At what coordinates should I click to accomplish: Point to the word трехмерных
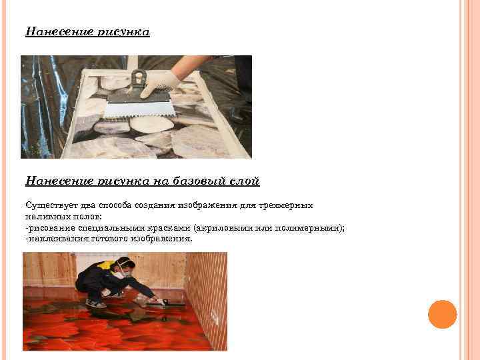pos(285,205)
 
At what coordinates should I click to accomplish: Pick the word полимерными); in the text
pos(309,228)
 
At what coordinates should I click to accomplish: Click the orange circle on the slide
pos(443,315)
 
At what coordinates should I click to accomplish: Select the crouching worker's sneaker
pos(95,303)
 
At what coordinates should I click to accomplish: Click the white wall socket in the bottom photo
pos(214,317)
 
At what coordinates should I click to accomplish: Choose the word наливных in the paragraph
pos(48,217)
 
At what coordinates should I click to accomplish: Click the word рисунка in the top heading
pos(124,32)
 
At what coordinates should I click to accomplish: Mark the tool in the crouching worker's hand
pos(168,303)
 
